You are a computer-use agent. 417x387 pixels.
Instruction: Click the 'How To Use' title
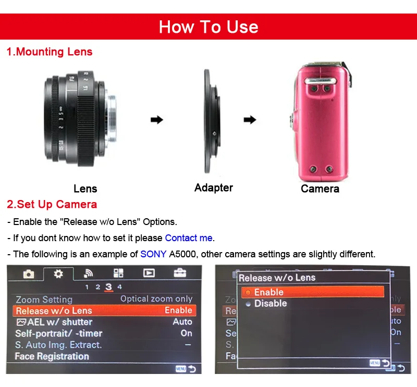208,27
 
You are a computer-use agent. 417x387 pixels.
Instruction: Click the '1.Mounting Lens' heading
50,52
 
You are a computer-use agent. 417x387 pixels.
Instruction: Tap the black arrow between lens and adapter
157,120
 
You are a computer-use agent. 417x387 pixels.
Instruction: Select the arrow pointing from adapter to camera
250,120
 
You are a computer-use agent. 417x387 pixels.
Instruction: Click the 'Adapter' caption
214,188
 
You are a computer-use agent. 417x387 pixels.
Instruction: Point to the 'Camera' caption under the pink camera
320,189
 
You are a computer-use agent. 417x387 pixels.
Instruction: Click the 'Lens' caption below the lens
85,189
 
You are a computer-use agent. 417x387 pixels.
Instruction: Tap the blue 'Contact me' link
189,238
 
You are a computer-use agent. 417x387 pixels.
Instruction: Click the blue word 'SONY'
153,254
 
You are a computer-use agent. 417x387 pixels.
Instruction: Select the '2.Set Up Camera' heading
52,204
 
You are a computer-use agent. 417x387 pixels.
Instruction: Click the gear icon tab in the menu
58,273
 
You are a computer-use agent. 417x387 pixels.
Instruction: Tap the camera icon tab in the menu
29,274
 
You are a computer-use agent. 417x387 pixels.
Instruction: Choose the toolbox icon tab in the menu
180,273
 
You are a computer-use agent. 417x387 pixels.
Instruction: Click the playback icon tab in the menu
149,273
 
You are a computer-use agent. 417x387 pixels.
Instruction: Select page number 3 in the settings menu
108,287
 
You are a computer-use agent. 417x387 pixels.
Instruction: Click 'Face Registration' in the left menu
52,356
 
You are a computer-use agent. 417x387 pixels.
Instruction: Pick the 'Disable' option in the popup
271,303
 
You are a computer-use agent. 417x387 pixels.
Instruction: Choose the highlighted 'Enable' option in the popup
269,292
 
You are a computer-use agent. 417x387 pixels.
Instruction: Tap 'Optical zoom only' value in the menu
156,299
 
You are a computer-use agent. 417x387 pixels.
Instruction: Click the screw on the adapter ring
214,133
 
